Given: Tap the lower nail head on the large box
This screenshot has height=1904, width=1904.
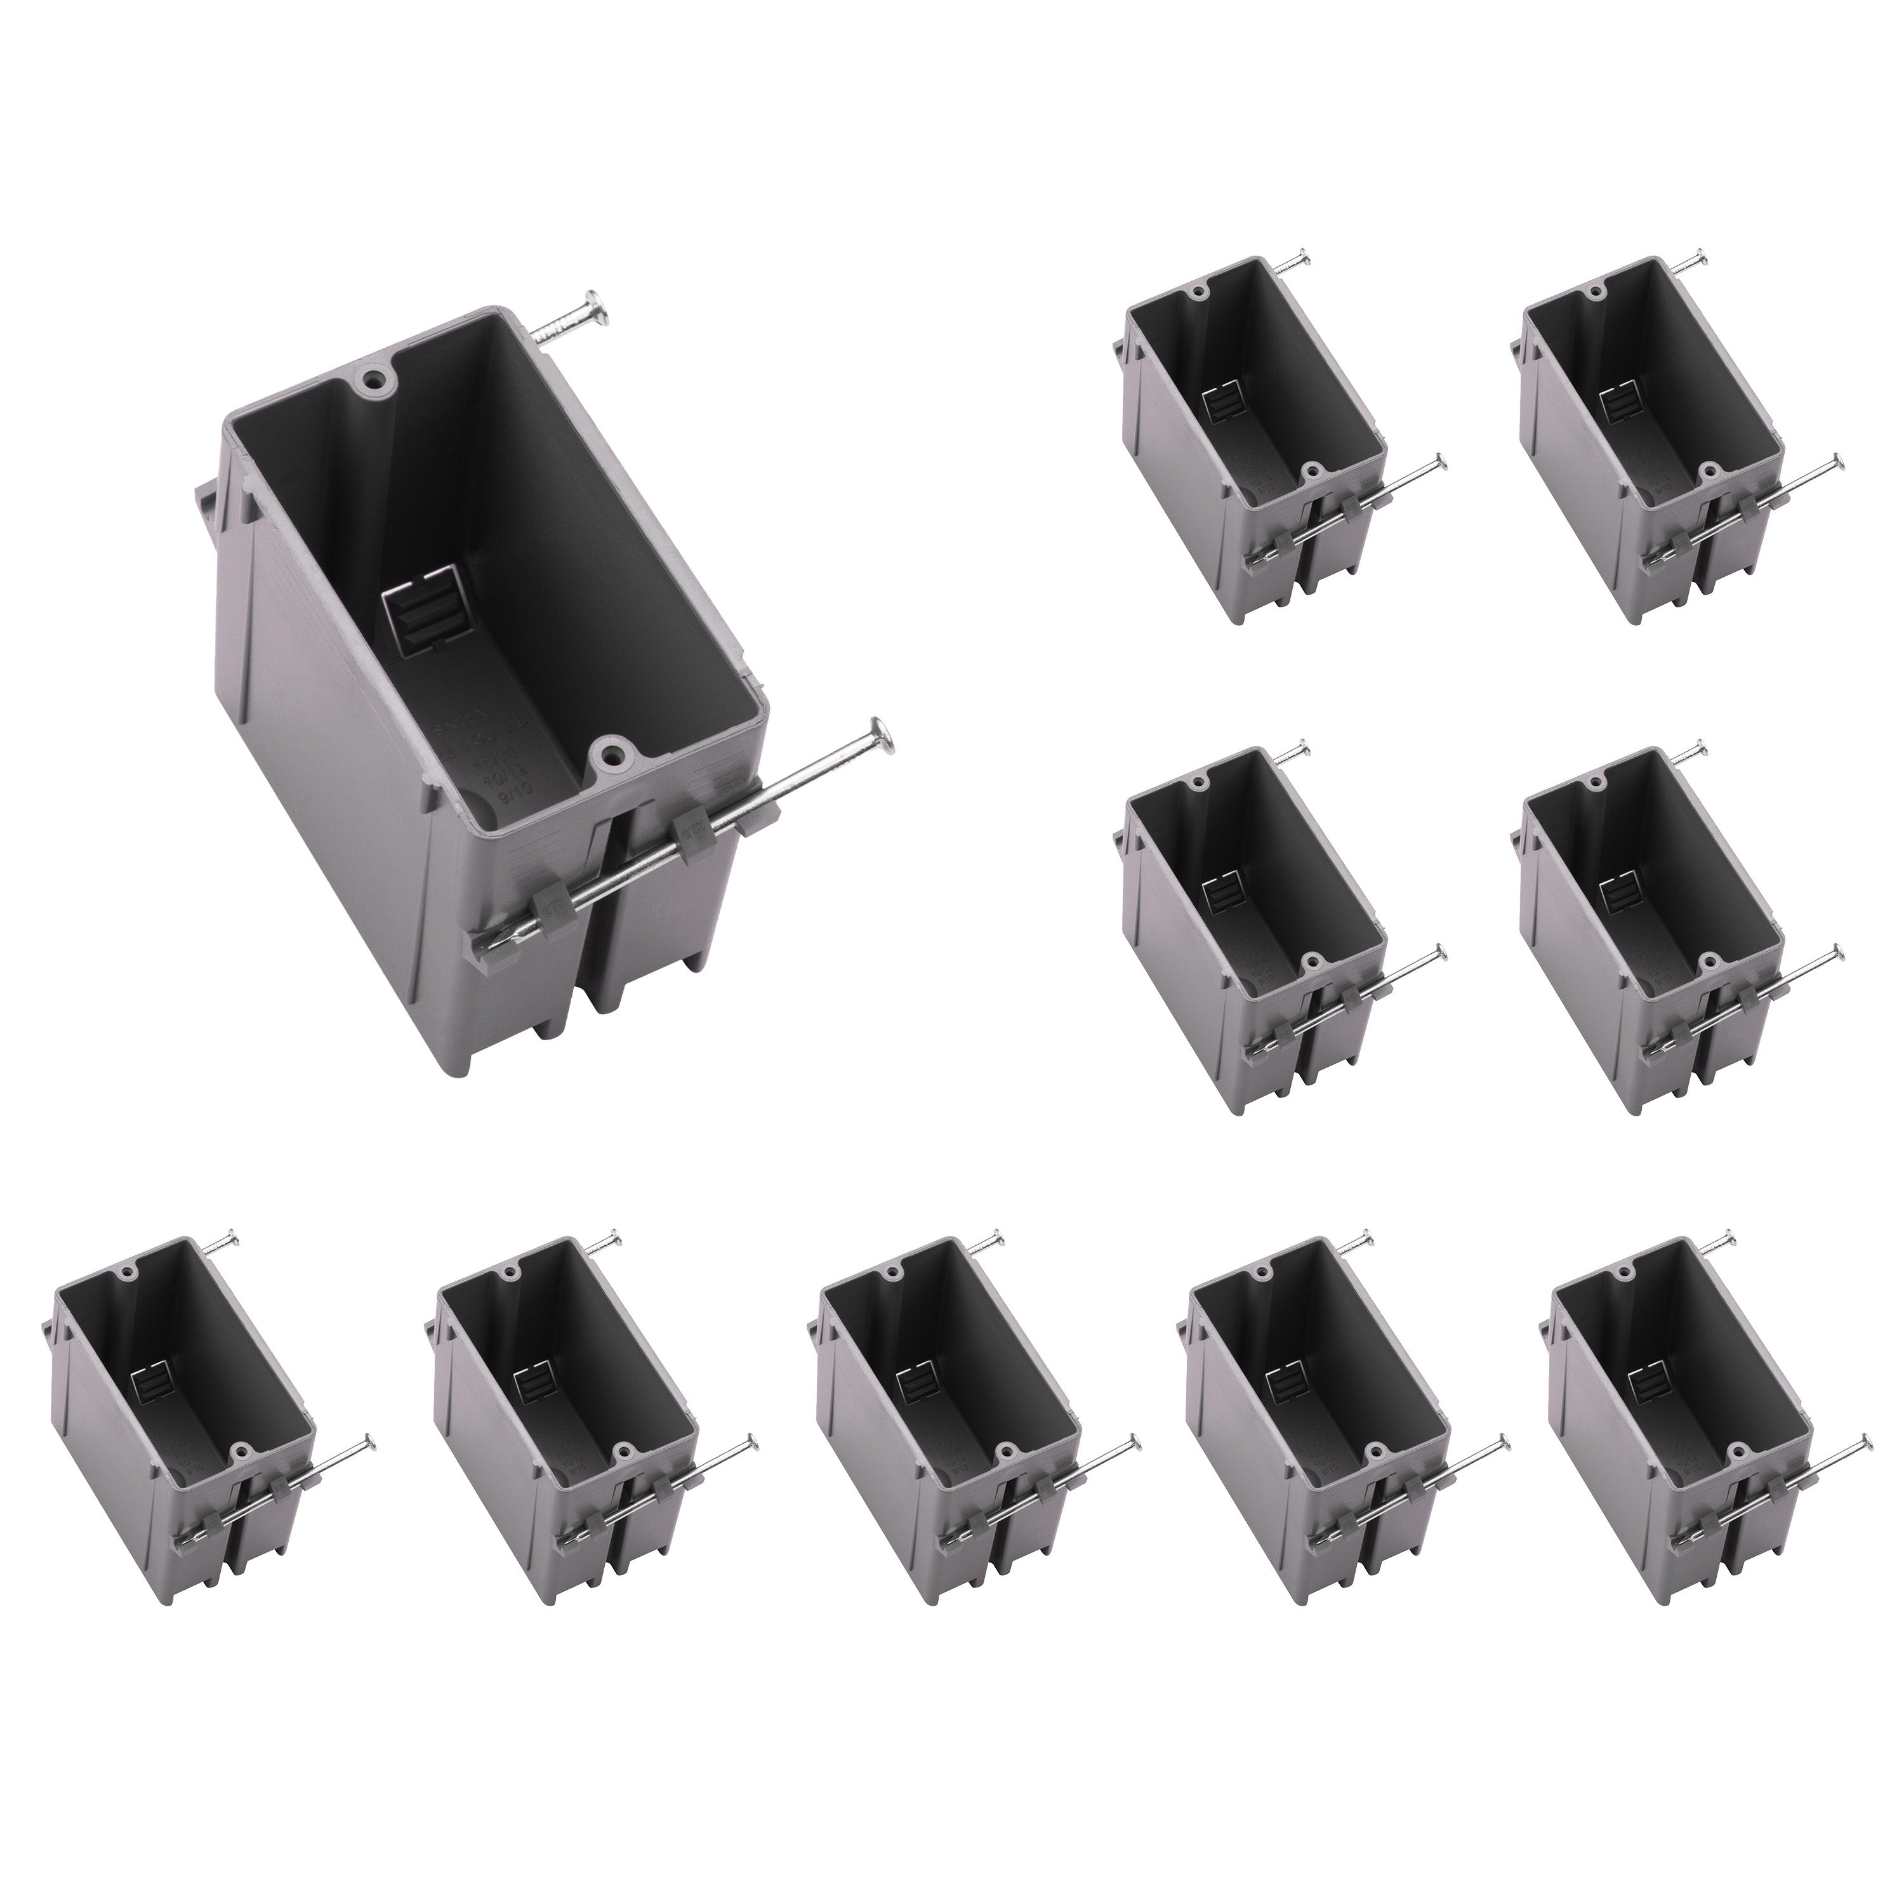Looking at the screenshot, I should point(880,736).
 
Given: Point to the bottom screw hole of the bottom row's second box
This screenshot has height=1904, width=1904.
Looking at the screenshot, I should point(622,1451).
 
